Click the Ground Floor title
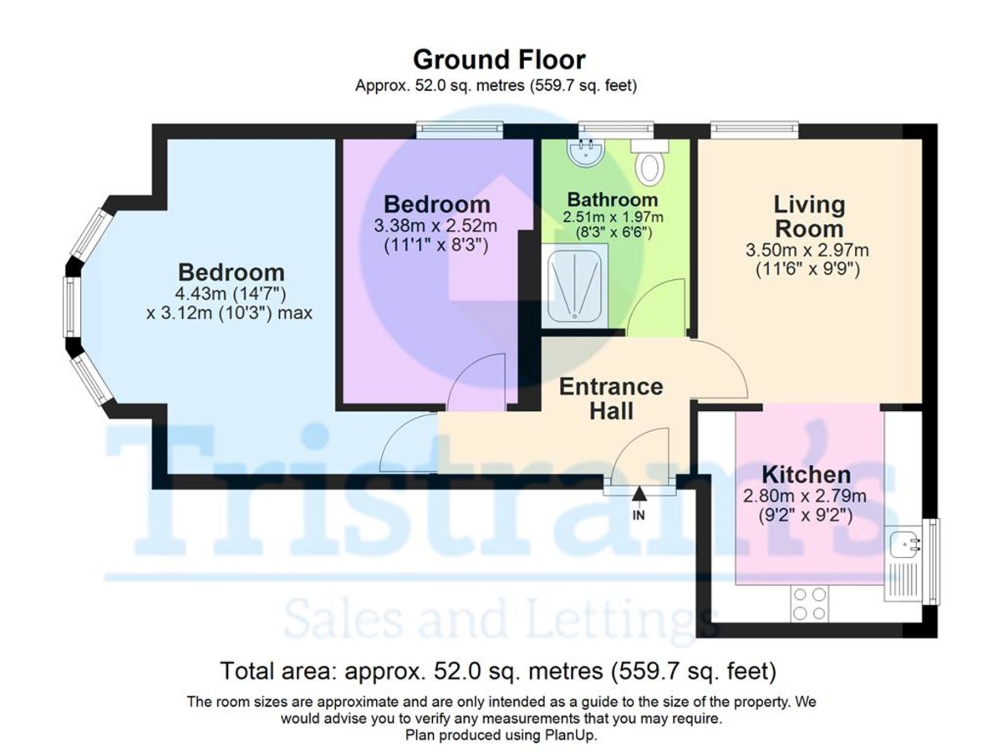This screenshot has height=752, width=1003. [499, 60]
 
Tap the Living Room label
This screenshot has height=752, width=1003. [808, 216]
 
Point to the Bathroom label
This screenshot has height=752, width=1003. [613, 201]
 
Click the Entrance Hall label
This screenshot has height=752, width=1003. [610, 399]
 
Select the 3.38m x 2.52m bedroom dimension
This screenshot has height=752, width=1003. [436, 226]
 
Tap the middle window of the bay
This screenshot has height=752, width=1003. [73, 307]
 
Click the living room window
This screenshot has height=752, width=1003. [754, 129]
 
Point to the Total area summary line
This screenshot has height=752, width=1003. [498, 671]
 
